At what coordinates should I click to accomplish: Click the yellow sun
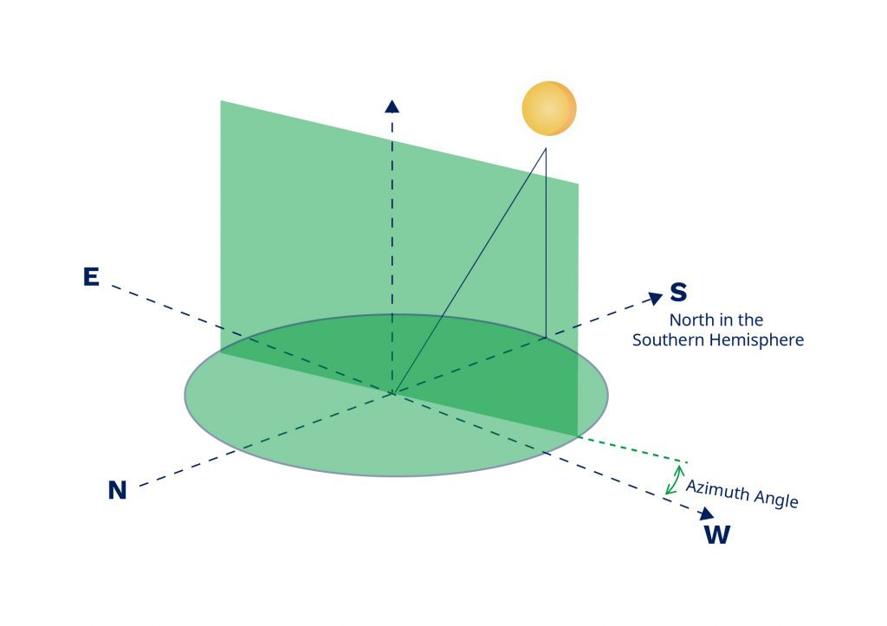click(x=549, y=108)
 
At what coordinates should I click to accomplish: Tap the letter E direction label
click(x=90, y=277)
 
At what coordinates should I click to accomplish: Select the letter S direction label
click(x=678, y=292)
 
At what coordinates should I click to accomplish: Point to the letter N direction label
click(x=117, y=491)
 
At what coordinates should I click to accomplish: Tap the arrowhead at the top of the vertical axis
click(x=392, y=106)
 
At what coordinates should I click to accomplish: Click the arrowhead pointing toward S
click(x=656, y=298)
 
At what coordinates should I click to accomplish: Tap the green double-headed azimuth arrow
click(x=674, y=479)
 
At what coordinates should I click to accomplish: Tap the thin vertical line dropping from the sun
click(x=546, y=242)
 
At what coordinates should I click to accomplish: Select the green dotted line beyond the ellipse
click(x=632, y=449)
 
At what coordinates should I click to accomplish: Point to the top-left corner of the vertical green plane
click(x=222, y=102)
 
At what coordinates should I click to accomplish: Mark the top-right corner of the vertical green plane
click(x=577, y=184)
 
